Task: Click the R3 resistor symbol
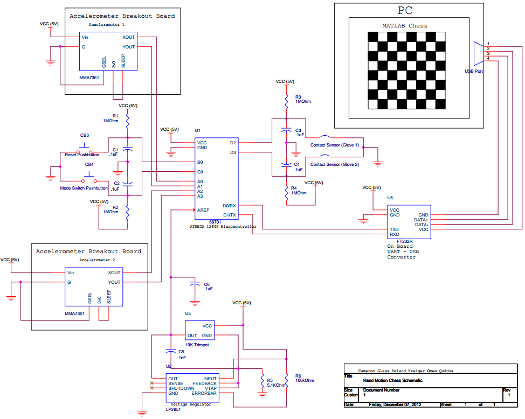[x=286, y=101]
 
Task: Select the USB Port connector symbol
[x=479, y=53]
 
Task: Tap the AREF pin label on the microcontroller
[x=203, y=210]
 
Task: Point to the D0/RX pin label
[x=230, y=206]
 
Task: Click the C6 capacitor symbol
[x=195, y=284]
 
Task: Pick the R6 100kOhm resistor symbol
[x=287, y=380]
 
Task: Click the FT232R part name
[x=405, y=241]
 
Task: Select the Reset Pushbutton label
[x=82, y=155]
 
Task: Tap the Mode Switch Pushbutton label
[x=84, y=188]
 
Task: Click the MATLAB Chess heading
[x=405, y=26]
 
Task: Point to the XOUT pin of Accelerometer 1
[x=129, y=37]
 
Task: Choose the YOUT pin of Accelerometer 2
[x=114, y=282]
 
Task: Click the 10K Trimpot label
[x=197, y=345]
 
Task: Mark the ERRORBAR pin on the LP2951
[x=204, y=393]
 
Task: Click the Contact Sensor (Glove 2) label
[x=335, y=164]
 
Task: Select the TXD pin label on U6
[x=394, y=229]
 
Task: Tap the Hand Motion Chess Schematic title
[x=393, y=381]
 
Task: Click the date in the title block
[x=395, y=404]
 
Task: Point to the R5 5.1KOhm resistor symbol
[x=262, y=380]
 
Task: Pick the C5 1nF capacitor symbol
[x=171, y=351]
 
